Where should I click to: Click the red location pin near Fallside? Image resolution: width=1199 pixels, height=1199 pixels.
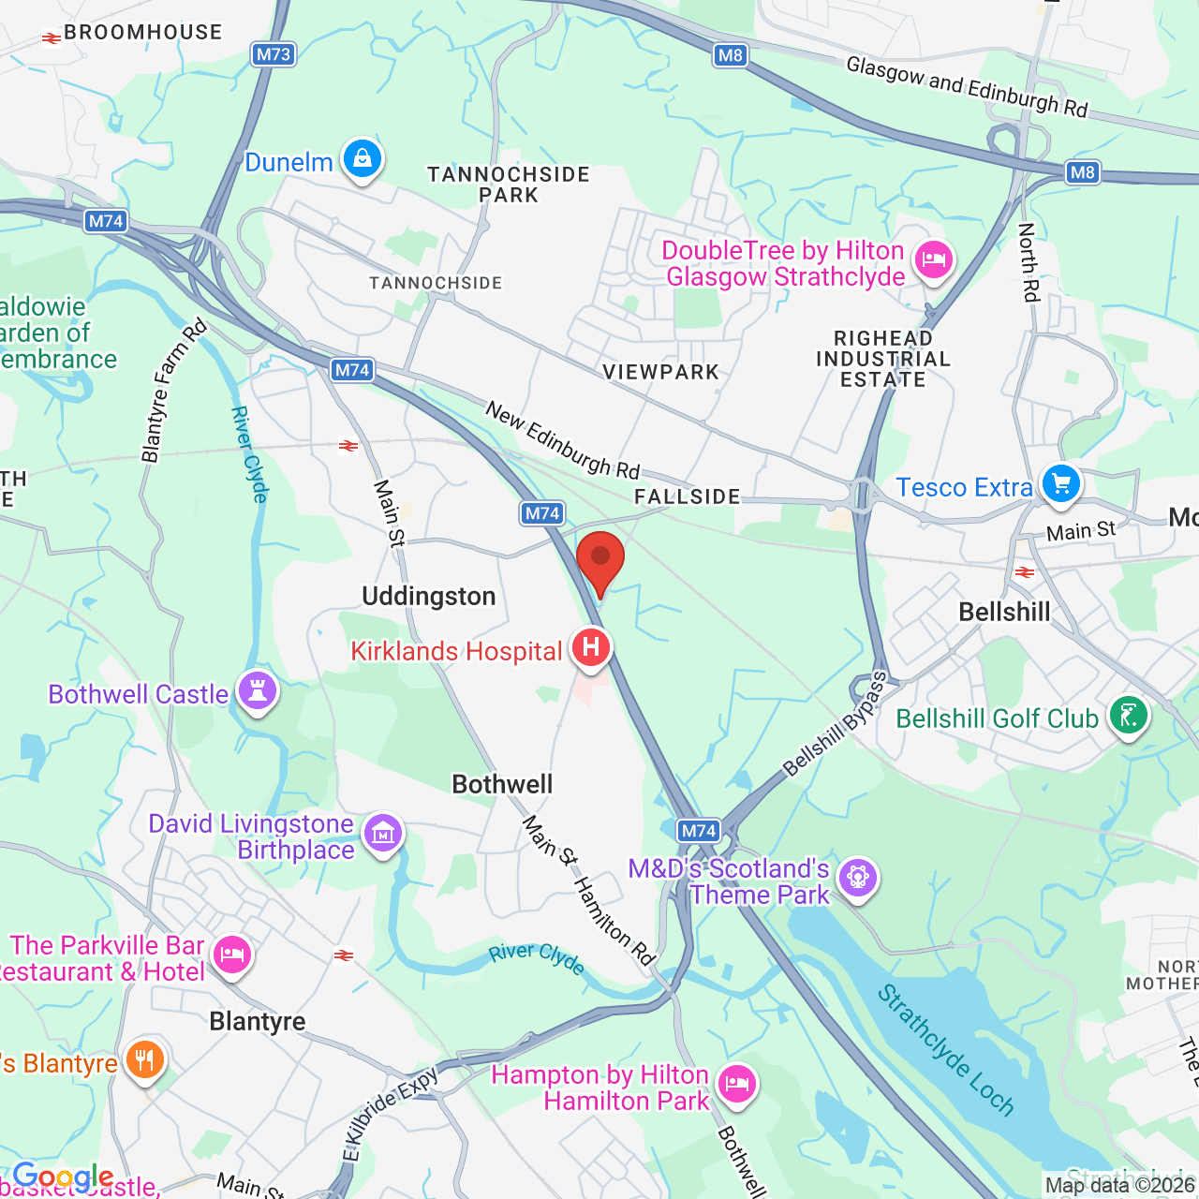point(599,559)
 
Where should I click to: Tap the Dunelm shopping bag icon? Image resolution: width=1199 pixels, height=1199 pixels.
point(363,159)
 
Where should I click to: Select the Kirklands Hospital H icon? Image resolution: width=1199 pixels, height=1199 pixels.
point(591,647)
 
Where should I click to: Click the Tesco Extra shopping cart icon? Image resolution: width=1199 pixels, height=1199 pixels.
point(1060,485)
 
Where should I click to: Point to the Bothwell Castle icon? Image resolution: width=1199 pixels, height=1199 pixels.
point(258,692)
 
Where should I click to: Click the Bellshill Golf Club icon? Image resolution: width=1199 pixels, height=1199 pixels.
point(1129,717)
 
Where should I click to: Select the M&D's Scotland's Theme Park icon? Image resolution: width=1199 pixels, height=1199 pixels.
point(858,878)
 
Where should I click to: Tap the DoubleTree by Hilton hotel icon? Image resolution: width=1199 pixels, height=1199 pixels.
point(934,260)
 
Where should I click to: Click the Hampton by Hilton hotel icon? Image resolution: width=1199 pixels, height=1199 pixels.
point(737,1085)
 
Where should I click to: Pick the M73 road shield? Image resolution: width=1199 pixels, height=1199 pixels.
point(274,54)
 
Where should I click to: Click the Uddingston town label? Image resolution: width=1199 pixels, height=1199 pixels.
point(429,597)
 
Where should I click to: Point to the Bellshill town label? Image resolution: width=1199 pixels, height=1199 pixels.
point(1004,613)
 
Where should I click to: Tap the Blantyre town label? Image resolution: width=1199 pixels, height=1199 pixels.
point(258,1021)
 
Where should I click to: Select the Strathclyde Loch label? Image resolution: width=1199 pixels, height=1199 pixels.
point(945,1049)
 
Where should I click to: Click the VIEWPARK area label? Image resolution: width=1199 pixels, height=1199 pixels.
point(660,372)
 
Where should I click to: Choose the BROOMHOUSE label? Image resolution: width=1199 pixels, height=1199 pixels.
point(142,33)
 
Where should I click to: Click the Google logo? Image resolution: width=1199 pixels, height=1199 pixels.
point(63,1177)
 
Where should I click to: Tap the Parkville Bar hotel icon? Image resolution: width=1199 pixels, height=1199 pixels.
point(231,955)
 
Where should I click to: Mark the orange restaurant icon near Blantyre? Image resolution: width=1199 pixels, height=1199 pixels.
point(144,1060)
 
